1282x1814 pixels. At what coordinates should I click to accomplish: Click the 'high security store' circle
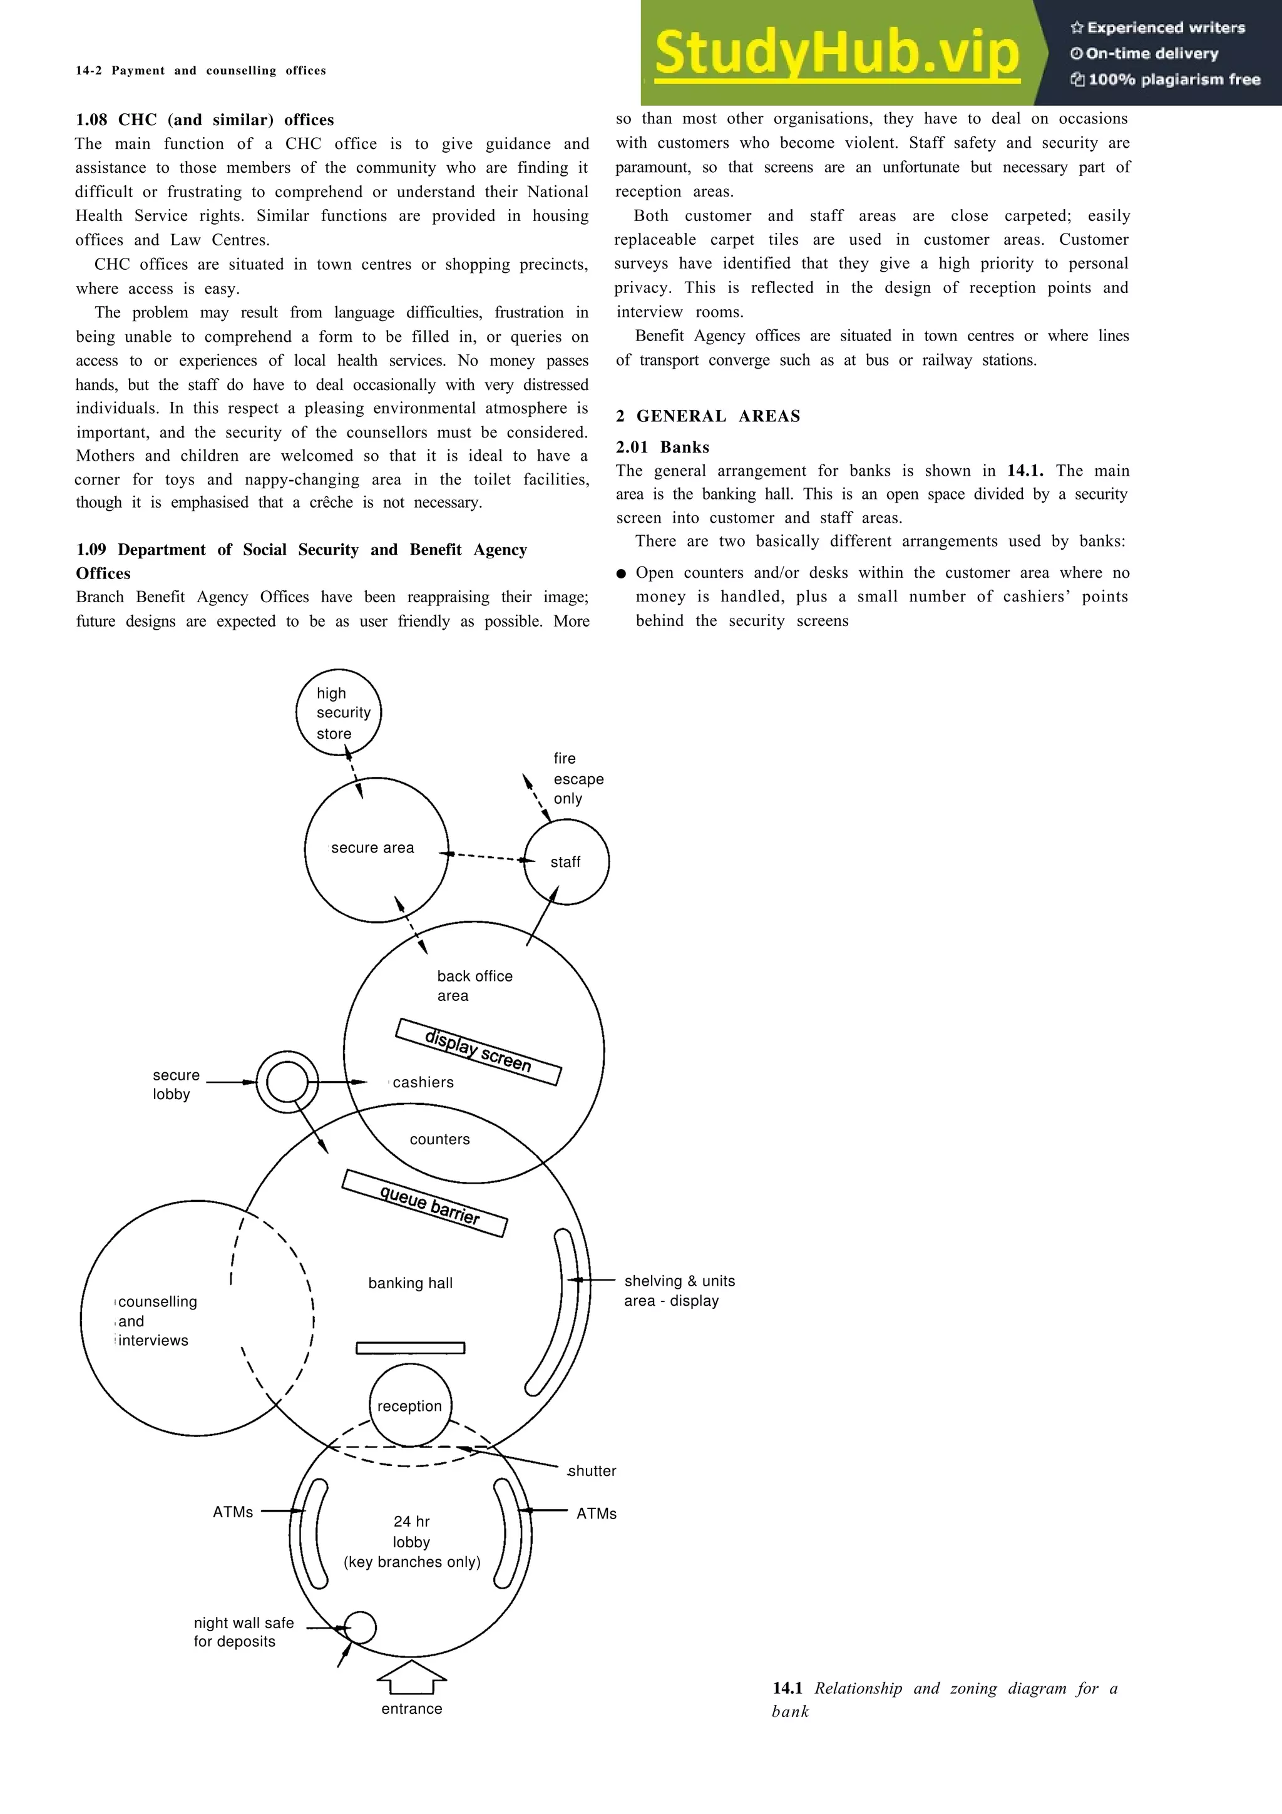pos(339,712)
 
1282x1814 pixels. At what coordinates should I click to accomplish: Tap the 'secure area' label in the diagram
pos(372,848)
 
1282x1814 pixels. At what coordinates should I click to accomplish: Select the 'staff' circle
pos(567,861)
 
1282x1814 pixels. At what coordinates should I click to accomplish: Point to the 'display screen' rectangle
pos(478,1052)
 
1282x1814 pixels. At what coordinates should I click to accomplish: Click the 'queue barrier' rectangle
pos(425,1202)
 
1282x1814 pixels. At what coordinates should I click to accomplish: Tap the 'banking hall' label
pos(410,1283)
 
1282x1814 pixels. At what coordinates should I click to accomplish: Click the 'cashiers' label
pos(423,1082)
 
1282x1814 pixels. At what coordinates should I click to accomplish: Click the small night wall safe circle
pos(360,1627)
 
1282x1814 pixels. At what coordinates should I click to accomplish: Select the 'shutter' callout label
pos(592,1470)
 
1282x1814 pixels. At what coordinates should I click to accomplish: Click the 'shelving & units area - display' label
pos(679,1290)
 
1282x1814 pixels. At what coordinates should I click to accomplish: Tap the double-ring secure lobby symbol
pos(287,1082)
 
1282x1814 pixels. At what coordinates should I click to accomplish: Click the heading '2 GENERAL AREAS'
pos(708,416)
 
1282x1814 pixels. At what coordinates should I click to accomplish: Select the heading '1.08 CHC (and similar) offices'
pos(205,120)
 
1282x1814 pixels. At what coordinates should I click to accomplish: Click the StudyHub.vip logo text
pos(836,53)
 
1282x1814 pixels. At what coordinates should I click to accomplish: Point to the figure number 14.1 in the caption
pos(787,1688)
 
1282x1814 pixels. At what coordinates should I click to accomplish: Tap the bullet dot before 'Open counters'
pos(621,573)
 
